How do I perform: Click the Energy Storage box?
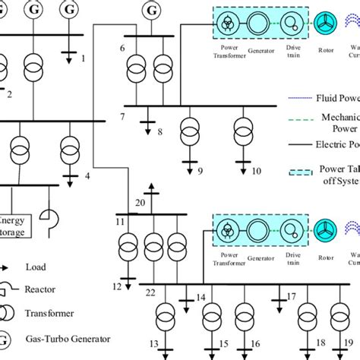point(16,214)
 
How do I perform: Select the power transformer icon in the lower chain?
point(226,232)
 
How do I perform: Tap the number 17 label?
point(291,295)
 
